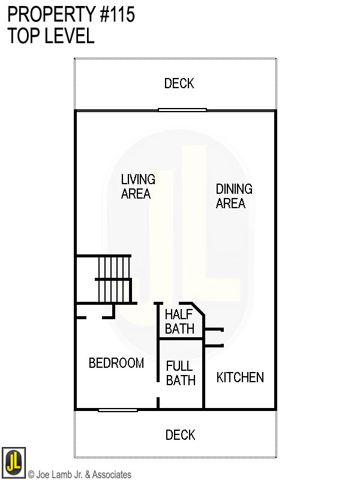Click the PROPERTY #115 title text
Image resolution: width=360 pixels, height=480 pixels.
pos(71,15)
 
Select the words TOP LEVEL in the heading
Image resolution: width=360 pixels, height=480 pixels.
pos(51,36)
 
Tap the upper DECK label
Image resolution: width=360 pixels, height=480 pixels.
pos(179,83)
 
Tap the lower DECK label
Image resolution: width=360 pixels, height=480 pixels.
pos(181,435)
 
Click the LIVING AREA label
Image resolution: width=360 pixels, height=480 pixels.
pos(137,187)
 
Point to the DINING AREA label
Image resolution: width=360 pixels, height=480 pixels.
pos(233,196)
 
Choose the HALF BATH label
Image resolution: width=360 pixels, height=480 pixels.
pos(179,321)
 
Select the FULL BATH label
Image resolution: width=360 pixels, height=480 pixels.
pos(180,373)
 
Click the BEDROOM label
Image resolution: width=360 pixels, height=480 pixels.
pos(116,363)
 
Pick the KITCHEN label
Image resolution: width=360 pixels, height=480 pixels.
pos(240,377)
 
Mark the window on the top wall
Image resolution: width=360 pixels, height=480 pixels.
pos(182,110)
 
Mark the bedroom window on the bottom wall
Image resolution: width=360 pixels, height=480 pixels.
pos(118,410)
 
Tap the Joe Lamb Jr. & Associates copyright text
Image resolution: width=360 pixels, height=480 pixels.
pos(79,475)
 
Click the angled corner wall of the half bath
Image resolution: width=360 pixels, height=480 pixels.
pos(197,310)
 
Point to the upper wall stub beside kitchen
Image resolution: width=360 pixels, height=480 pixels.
pos(214,329)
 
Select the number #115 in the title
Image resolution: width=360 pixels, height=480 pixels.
pos(118,15)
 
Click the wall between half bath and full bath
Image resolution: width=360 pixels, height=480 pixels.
pos(181,339)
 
